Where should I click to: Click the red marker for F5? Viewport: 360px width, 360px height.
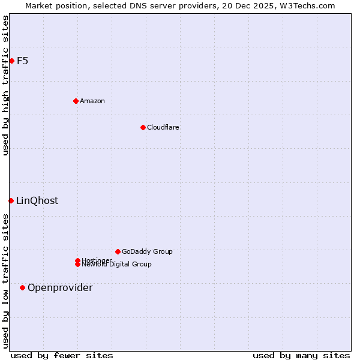(11, 61)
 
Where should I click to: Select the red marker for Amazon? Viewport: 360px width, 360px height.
(76, 101)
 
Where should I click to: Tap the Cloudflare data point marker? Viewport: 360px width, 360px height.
(143, 127)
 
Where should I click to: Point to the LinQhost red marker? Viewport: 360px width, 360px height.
(11, 200)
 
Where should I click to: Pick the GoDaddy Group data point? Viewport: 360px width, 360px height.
(118, 251)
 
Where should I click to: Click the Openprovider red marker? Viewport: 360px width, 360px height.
(22, 287)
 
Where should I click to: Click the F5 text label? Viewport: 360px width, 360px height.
(22, 61)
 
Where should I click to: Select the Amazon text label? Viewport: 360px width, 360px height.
(92, 101)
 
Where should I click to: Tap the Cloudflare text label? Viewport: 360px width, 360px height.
(163, 127)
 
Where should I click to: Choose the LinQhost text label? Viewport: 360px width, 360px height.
(37, 200)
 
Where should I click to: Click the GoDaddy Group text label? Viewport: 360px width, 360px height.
(147, 251)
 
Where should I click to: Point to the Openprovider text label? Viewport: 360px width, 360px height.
(60, 287)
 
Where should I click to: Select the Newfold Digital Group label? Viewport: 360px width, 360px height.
(116, 264)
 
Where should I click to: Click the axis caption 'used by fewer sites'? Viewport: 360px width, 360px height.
(62, 355)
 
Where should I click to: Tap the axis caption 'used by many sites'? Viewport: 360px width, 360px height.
(301, 355)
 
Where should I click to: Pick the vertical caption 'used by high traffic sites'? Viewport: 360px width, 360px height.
(5, 85)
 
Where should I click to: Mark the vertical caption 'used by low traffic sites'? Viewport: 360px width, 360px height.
(5, 281)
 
